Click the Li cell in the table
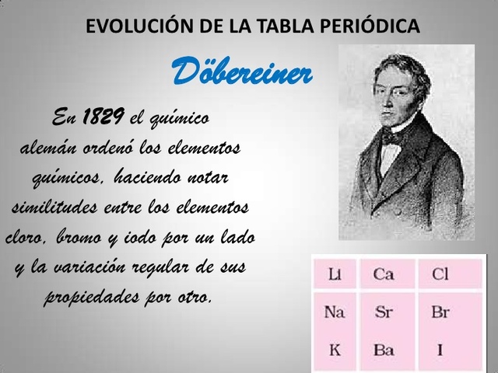point(336,274)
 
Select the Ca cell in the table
point(383,274)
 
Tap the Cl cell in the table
point(440,274)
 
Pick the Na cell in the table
point(335,312)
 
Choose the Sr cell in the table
point(384,312)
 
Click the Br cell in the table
point(440,312)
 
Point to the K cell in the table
point(335,349)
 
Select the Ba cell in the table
point(384,349)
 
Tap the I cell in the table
point(440,349)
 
